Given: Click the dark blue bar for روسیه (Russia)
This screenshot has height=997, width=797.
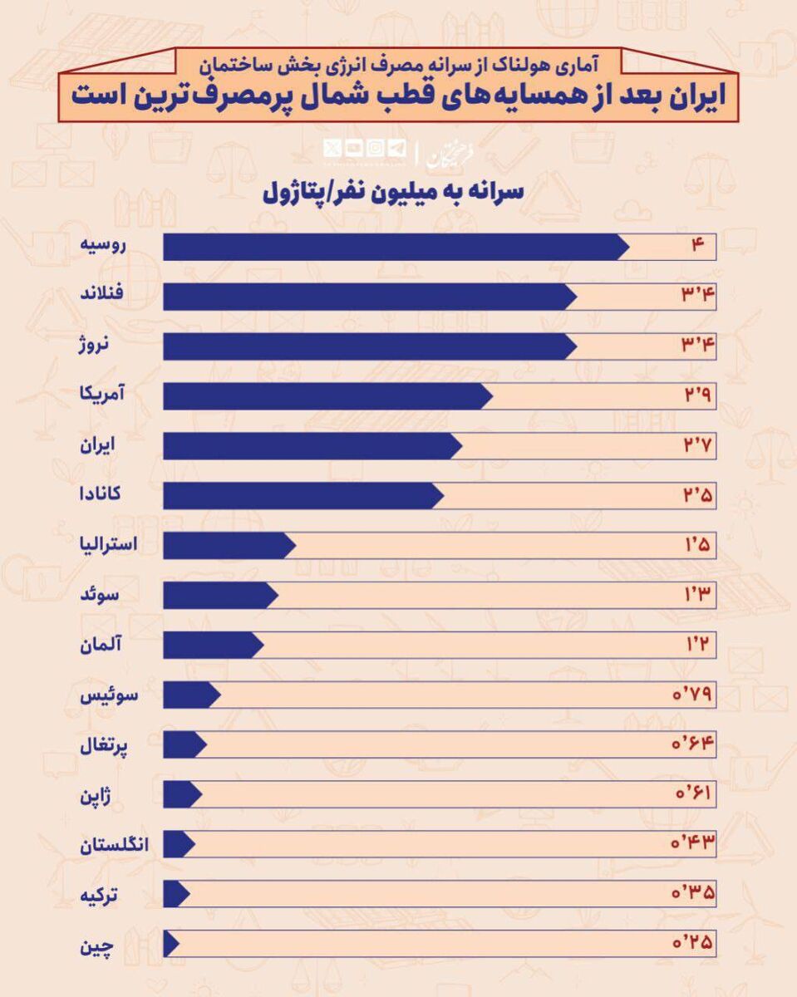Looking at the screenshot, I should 395,247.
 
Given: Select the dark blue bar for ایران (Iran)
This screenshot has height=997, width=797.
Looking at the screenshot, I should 312,446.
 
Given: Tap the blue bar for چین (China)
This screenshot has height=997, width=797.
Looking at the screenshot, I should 171,945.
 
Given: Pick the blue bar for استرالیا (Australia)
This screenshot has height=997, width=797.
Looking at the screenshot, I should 229,546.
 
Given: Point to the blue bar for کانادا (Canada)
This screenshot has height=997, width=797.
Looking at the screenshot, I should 303,496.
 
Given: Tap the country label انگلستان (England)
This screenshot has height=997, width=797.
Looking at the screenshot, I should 114,846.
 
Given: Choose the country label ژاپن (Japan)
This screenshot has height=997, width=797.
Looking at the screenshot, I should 105,796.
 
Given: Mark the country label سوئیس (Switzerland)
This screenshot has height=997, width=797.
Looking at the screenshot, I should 109,696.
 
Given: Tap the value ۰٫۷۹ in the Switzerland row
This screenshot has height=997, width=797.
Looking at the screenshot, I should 693,695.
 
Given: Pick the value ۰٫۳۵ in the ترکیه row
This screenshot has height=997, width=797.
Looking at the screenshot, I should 693,895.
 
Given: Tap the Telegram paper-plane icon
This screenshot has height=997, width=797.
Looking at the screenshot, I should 396,149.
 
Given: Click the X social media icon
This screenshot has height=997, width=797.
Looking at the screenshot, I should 332,149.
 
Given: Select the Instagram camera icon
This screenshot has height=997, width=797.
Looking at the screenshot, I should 376,149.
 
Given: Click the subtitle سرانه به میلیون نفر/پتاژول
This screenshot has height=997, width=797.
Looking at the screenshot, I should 392,192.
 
